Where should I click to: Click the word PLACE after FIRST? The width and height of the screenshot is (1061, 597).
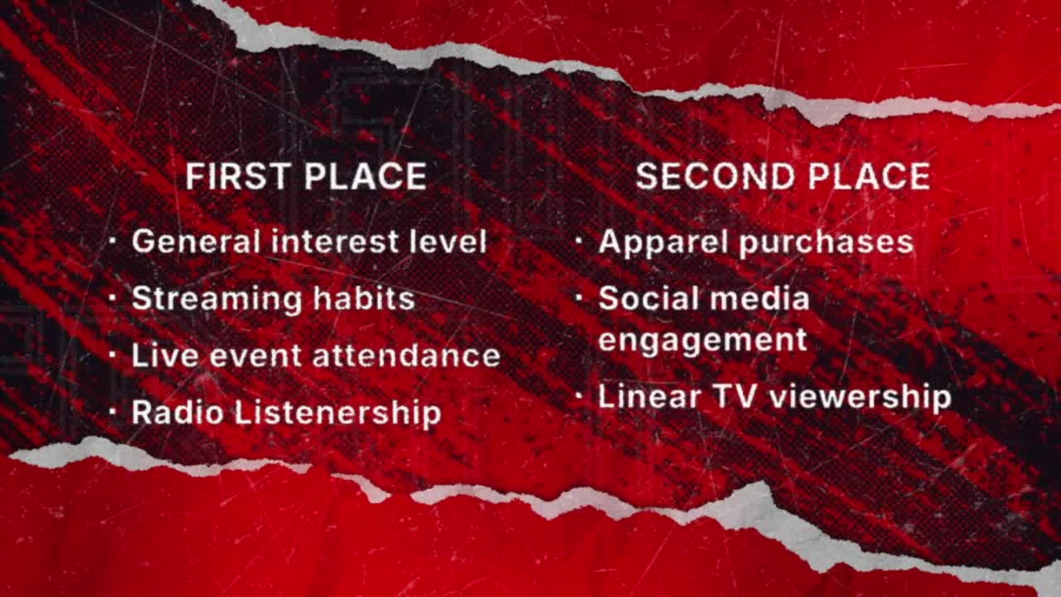coord(366,177)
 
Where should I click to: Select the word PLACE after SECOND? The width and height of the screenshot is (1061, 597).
coord(870,177)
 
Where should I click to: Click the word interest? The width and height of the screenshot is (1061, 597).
coord(335,241)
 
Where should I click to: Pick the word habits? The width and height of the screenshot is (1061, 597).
coord(364,298)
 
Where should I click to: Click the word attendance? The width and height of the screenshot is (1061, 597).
coord(407,356)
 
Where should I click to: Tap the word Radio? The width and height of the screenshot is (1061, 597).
coord(177,412)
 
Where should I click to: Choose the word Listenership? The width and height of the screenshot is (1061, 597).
coord(338,413)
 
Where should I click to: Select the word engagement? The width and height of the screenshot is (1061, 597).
coord(703,341)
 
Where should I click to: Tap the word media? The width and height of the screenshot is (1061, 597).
coord(760,298)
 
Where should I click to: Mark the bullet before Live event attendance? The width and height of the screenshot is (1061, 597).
coord(112,354)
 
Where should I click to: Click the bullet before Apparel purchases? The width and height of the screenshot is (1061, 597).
coord(579,240)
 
